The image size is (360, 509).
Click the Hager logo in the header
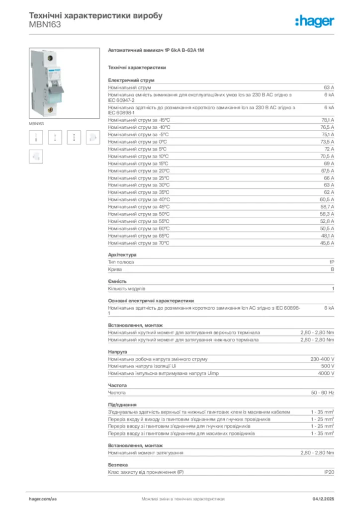pyautogui.click(x=314, y=20)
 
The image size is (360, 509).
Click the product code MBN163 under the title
pyautogui.click(x=45, y=24)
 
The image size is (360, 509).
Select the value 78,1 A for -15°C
pyautogui.click(x=328, y=120)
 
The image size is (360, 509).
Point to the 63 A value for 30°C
pyautogui.click(x=329, y=185)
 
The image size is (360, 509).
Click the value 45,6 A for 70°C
pyautogui.click(x=328, y=243)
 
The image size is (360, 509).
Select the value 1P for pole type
pyautogui.click(x=331, y=262)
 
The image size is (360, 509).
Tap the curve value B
pyautogui.click(x=333, y=269)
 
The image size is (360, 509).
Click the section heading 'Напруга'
pyautogui.click(x=117, y=352)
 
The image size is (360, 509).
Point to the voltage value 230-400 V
pyautogui.click(x=322, y=359)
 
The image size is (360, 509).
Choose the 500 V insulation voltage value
pyautogui.click(x=328, y=366)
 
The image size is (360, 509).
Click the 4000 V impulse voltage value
pyautogui.click(x=326, y=373)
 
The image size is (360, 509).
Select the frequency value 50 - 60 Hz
pyautogui.click(x=323, y=393)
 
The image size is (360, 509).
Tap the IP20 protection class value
pyautogui.click(x=329, y=472)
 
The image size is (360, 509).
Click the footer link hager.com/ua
pyautogui.click(x=43, y=498)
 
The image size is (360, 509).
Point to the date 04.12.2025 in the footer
pyautogui.click(x=323, y=498)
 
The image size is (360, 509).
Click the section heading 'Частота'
pyautogui.click(x=117, y=385)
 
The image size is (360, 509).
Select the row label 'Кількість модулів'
pyautogui.click(x=127, y=289)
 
